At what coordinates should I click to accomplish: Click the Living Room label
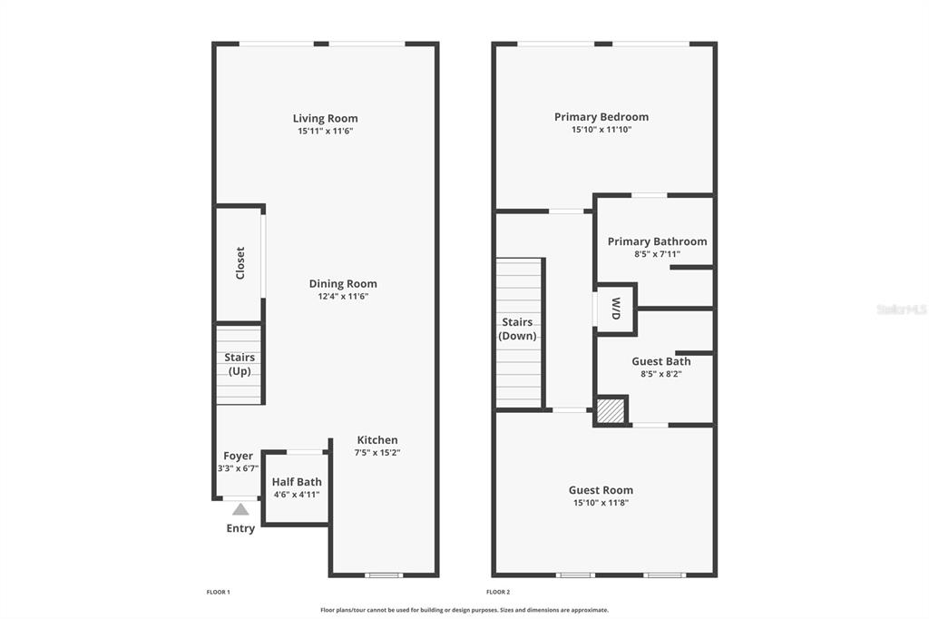[x=326, y=118]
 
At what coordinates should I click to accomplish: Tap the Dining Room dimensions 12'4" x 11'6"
[x=343, y=297]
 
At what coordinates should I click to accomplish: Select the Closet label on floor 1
[x=240, y=263]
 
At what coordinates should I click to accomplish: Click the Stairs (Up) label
[x=240, y=364]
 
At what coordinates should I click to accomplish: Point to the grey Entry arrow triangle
[x=240, y=509]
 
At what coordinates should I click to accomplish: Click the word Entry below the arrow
[x=240, y=528]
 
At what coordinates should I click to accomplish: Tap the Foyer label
[x=239, y=456]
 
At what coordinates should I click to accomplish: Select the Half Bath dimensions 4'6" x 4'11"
[x=297, y=495]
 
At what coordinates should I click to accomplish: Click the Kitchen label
[x=377, y=440]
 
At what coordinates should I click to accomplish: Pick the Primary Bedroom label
[x=601, y=117]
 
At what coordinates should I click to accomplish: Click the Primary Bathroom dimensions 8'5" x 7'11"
[x=657, y=254]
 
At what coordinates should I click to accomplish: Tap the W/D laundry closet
[x=616, y=309]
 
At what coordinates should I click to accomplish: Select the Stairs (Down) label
[x=517, y=329]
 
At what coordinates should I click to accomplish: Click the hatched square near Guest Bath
[x=611, y=410]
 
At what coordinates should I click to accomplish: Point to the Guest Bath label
[x=661, y=361]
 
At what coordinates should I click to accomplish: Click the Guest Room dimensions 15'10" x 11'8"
[x=601, y=503]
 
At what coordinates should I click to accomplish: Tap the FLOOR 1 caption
[x=218, y=592]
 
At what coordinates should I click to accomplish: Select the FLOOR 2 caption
[x=498, y=592]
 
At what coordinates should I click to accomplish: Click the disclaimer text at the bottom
[x=464, y=610]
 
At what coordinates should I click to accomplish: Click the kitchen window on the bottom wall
[x=384, y=575]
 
